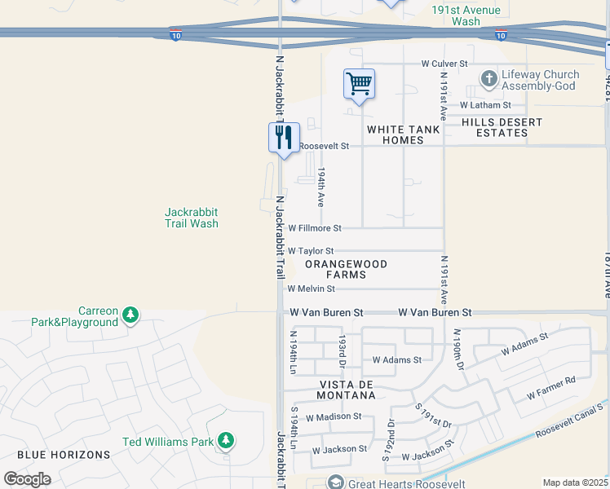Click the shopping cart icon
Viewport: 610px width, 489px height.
[359, 84]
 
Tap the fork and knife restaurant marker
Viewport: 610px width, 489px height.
[284, 136]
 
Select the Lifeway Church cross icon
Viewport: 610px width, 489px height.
[488, 79]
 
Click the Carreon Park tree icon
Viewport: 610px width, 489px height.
[130, 315]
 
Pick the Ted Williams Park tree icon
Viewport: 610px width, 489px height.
[225, 442]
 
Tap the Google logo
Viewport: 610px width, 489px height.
[27, 479]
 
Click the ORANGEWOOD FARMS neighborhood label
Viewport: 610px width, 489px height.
[346, 271]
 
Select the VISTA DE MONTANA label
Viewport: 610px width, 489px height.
[335, 389]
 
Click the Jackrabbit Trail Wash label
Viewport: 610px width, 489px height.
[192, 217]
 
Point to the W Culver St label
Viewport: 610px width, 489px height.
[444, 63]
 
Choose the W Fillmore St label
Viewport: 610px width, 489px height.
[315, 228]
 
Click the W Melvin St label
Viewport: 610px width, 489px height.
[312, 289]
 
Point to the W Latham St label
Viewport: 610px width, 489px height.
[485, 104]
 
